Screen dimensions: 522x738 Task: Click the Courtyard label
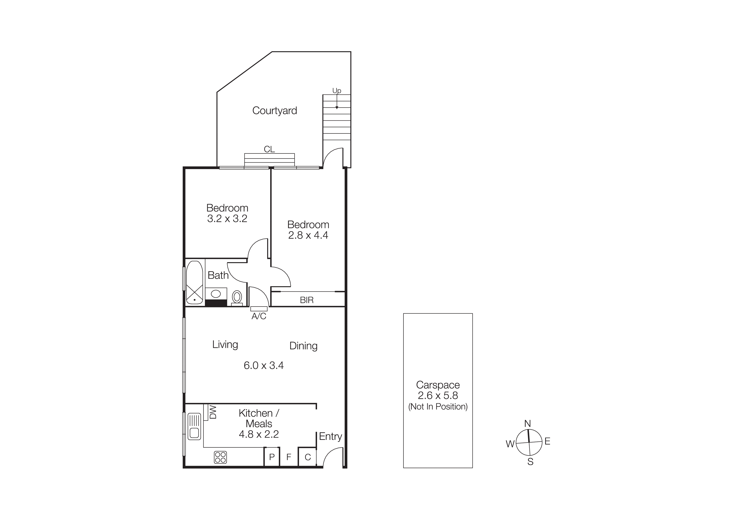[275, 111]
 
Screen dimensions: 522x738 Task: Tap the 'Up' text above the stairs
[337, 91]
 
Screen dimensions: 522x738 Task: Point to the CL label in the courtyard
[269, 149]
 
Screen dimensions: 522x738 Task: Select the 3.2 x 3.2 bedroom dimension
[227, 219]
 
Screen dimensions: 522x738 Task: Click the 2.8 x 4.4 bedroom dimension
[308, 235]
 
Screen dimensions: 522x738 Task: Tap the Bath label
[218, 275]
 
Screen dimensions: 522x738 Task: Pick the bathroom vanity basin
[216, 294]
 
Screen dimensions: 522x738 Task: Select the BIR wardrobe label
[307, 300]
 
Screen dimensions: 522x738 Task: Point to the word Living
[225, 344]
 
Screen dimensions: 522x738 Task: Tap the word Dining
[303, 346]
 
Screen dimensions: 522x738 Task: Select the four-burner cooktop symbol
[220, 457]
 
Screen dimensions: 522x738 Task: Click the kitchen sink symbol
[194, 426]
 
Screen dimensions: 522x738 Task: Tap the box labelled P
[272, 457]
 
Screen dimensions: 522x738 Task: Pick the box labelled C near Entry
[308, 457]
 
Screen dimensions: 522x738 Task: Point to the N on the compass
[527, 424]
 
